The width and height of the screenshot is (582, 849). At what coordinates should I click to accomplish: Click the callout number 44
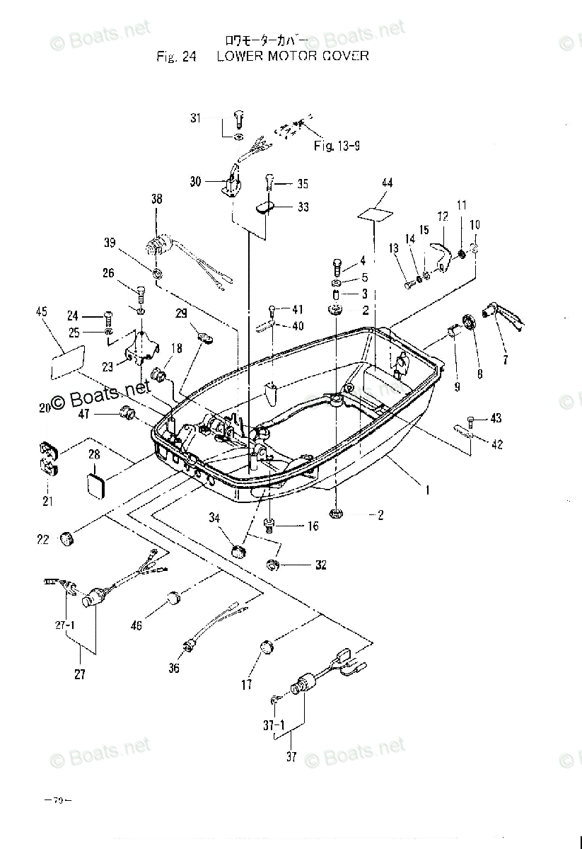386,183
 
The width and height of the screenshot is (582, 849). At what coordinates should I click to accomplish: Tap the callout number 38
156,200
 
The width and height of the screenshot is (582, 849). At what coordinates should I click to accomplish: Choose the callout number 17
246,685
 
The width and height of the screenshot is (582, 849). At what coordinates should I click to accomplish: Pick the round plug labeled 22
67,540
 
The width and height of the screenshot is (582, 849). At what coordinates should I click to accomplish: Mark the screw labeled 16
269,525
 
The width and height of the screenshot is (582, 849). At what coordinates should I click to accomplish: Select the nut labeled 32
272,565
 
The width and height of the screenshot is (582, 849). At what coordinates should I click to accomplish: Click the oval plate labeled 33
266,207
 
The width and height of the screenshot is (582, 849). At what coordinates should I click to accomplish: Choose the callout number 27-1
64,625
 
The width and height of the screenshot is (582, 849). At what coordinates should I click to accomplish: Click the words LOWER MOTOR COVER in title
293,55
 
